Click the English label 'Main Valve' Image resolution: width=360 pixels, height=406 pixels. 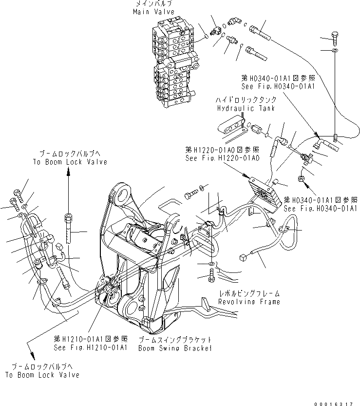(x=150, y=11)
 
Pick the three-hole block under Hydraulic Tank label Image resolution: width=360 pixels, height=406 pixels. (x=230, y=128)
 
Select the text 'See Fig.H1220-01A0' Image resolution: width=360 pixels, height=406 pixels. (x=222, y=158)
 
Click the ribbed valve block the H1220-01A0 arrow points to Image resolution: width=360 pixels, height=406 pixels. (x=265, y=193)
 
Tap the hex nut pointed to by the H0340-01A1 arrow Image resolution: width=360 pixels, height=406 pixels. (x=301, y=180)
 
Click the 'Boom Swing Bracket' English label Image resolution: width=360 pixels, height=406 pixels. (x=175, y=348)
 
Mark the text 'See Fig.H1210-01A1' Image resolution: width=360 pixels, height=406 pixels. (x=91, y=347)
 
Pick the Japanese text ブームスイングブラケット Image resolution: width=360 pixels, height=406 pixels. (x=175, y=340)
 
